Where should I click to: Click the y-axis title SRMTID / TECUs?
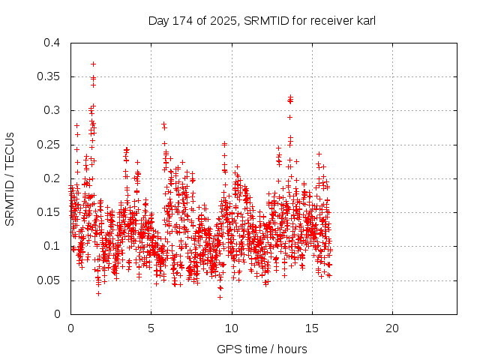[10, 178]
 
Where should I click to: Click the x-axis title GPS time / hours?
[262, 349]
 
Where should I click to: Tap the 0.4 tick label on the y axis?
[51, 43]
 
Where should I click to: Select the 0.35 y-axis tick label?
[48, 76]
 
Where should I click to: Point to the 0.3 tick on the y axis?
[51, 110]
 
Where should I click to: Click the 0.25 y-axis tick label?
[48, 145]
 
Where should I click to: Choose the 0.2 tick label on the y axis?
[51, 178]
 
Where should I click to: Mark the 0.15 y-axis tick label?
[48, 212]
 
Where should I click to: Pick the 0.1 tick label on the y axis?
[51, 246]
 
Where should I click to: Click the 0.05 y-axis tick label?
[48, 280]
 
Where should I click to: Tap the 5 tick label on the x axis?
[151, 328]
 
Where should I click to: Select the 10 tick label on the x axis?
[232, 328]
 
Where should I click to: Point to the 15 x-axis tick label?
[312, 328]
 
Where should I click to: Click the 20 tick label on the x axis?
[393, 328]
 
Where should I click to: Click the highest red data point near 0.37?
[93, 64]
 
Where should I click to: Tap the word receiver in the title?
[323, 20]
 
